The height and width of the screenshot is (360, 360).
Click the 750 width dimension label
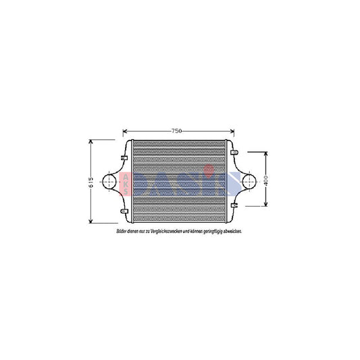pyautogui.click(x=176, y=130)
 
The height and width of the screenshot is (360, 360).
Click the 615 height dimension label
pyautogui.click(x=91, y=182)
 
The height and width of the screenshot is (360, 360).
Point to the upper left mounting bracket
pyautogui.click(x=124, y=157)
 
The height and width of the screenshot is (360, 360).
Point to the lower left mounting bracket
pyautogui.click(x=124, y=211)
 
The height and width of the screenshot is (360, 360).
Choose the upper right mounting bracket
pyautogui.click(x=234, y=153)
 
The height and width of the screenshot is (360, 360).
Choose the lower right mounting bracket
pyautogui.click(x=234, y=205)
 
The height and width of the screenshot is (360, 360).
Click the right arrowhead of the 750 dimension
pyautogui.click(x=233, y=130)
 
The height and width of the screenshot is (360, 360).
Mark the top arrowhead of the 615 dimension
pyautogui.click(x=91, y=141)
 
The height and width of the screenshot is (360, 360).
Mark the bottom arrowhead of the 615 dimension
pyautogui.click(x=91, y=222)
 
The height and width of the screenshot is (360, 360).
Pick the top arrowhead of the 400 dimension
pyautogui.click(x=267, y=153)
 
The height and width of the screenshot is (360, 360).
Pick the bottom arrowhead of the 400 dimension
pyautogui.click(x=267, y=205)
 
